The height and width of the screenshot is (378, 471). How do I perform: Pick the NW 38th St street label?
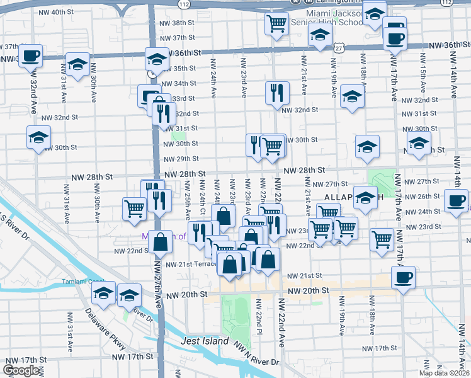(178, 23)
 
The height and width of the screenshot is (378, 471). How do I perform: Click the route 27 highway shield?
(340, 47)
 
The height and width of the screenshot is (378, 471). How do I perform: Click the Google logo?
(21, 370)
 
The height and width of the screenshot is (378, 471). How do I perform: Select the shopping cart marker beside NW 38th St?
(276, 24)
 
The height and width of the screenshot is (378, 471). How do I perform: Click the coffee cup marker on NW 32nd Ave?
(30, 55)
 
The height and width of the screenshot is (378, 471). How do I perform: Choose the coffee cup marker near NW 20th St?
(402, 276)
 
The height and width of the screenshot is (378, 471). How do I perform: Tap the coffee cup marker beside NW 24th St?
(456, 202)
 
